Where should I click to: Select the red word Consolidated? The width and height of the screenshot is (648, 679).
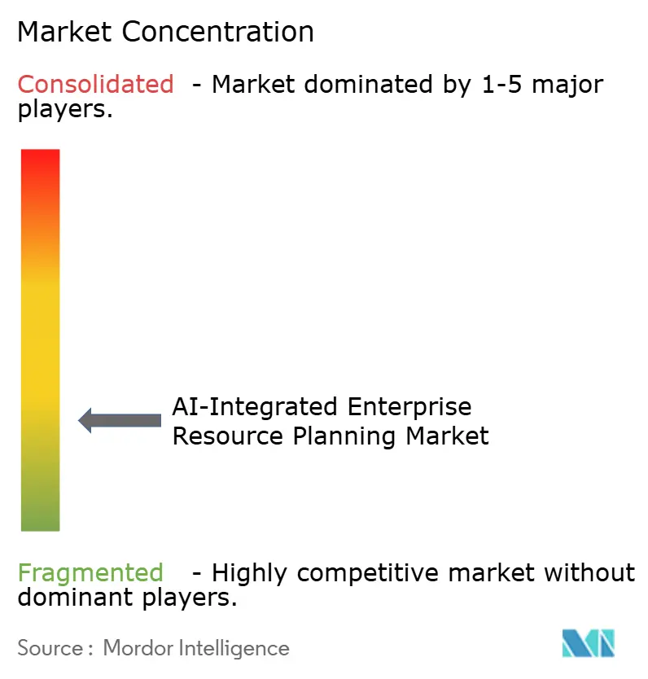coord(96,84)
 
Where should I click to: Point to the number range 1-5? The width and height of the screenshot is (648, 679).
coord(497,84)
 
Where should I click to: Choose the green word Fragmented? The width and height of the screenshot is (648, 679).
coord(90,573)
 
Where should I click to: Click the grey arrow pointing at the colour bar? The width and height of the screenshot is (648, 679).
coord(120,420)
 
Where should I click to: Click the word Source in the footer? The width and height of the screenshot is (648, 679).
coord(50,648)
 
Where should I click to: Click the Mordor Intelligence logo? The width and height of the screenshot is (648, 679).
coord(589,643)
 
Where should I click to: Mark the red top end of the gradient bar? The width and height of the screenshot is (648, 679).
coord(40,160)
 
